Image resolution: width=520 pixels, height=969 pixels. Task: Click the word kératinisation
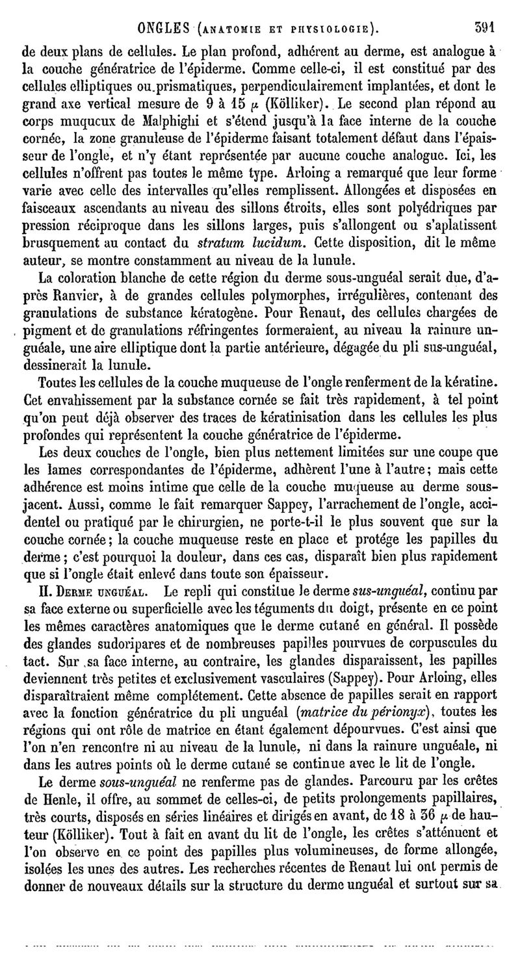286,415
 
